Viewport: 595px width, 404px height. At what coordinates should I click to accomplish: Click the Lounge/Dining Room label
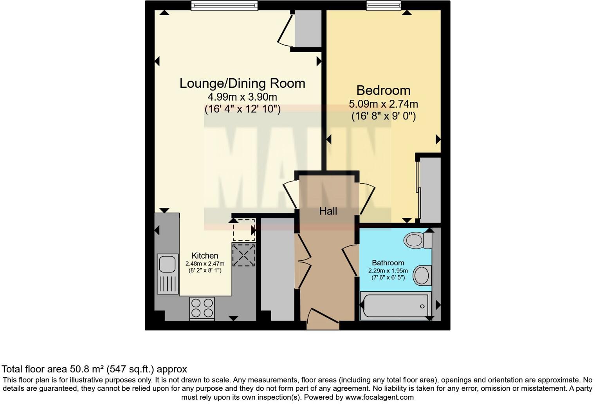[x=242, y=83]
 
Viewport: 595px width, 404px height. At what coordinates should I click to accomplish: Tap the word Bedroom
[x=383, y=90]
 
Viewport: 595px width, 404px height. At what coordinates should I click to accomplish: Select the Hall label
[x=328, y=211]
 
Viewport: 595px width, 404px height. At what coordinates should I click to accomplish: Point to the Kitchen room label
[x=205, y=256]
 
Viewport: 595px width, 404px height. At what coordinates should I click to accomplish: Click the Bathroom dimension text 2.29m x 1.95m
[x=388, y=271]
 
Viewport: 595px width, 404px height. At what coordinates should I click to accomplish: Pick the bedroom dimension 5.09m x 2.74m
[x=383, y=104]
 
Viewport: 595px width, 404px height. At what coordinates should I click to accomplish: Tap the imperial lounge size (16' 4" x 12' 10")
[x=242, y=109]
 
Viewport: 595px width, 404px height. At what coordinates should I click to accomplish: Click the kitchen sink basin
[x=167, y=263]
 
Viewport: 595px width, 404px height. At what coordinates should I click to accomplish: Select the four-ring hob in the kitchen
[x=202, y=308]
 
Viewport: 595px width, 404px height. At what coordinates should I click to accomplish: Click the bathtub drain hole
[x=422, y=306]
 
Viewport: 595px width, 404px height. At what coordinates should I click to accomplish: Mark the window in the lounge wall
[x=224, y=5]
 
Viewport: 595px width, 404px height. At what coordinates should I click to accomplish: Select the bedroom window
[x=384, y=5]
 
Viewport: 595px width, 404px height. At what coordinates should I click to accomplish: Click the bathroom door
[x=350, y=260]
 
